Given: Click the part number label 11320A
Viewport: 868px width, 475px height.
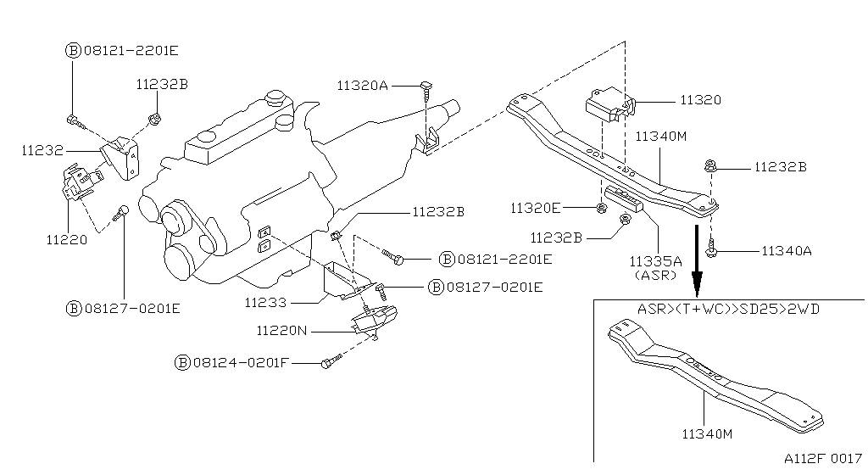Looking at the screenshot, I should (362, 85).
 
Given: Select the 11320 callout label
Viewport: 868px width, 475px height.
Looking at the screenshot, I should (700, 100).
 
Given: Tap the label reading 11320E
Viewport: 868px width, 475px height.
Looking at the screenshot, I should (536, 207).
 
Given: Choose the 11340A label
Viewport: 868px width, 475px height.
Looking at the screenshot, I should (787, 250).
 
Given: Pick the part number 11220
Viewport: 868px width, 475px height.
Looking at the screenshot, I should (66, 239).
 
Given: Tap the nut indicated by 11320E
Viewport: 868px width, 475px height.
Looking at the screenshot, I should (601, 208).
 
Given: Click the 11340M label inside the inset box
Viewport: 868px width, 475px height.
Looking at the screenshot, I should (707, 434).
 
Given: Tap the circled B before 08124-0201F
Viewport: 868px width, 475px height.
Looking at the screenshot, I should (182, 362).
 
